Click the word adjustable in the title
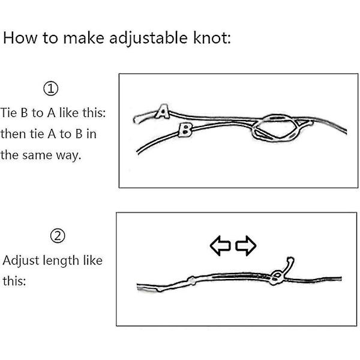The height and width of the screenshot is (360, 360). (148, 38)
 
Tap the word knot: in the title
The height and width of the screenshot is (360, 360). (212, 37)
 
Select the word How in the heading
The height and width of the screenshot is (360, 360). (20, 37)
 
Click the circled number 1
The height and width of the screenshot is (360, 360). (51, 88)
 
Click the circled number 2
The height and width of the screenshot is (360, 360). (58, 236)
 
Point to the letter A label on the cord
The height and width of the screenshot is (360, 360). (163, 112)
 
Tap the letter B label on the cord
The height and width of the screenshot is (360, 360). (185, 129)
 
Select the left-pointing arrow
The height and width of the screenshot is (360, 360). (220, 245)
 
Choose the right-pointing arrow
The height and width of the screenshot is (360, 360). (246, 245)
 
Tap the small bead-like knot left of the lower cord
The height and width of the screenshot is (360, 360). (192, 281)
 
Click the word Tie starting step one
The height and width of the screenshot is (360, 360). (9, 113)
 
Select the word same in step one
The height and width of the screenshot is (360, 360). (37, 155)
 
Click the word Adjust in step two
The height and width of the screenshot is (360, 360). (21, 261)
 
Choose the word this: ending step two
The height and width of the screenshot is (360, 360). (14, 281)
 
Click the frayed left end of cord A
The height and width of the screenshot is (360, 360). (137, 119)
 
